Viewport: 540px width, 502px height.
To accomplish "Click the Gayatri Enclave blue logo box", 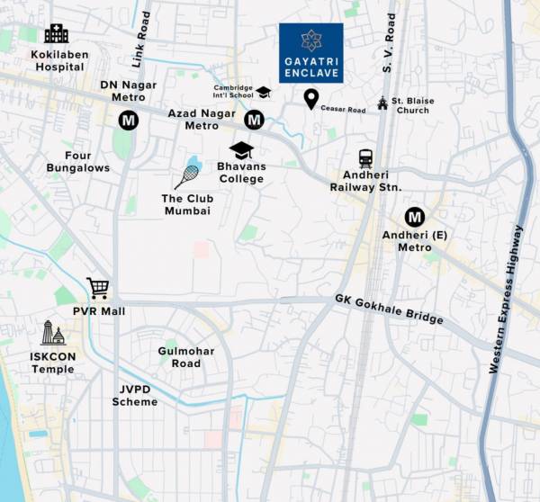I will point(310,53).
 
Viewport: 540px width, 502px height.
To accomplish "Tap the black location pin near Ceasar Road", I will point(311,99).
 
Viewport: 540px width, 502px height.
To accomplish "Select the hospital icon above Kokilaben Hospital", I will point(56,34).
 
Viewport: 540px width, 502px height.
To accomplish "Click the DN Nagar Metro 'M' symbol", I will point(128,120).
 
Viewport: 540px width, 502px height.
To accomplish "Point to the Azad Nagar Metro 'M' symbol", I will point(255,120).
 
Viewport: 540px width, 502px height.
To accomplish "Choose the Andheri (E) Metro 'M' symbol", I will point(414,217).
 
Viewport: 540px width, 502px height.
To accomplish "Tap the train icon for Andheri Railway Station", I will point(365,158).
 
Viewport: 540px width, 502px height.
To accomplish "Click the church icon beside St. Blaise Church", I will point(382,103).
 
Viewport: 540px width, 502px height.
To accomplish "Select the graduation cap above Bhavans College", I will point(241,149).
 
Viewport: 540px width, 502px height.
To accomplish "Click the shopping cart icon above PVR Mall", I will point(98,289).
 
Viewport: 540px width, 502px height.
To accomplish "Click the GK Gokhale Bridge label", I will point(389,309).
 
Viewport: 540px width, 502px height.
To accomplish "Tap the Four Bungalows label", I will point(78,162).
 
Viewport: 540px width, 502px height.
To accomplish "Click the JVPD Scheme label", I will point(136,396).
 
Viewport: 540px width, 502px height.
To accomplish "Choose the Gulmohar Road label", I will point(179,357).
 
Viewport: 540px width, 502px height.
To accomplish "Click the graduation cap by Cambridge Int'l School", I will point(264,92).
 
